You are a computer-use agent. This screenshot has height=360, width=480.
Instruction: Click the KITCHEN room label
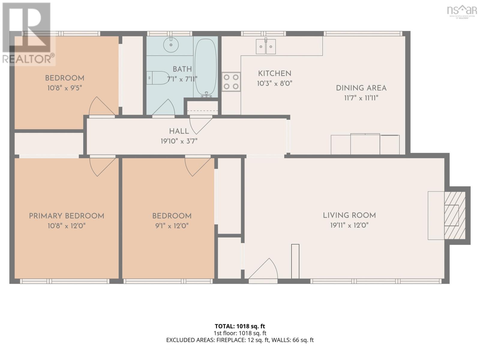pyautogui.click(x=274, y=73)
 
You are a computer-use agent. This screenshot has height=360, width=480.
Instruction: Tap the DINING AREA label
pyautogui.click(x=361, y=88)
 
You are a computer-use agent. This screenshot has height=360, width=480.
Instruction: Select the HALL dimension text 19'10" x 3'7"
pyautogui.click(x=179, y=141)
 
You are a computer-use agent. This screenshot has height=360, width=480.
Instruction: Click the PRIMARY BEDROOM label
pyautogui.click(x=67, y=216)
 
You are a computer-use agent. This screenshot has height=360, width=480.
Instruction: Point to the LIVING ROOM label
pyautogui.click(x=349, y=215)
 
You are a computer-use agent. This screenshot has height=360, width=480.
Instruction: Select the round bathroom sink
pyautogui.click(x=171, y=45)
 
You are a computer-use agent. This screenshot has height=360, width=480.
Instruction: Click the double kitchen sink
pyautogui.click(x=266, y=47)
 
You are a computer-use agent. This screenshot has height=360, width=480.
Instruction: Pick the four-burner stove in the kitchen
pyautogui.click(x=231, y=82)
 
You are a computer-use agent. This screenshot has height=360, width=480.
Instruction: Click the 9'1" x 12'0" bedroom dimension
pyautogui.click(x=172, y=226)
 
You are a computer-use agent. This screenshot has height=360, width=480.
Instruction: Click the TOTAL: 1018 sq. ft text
pyautogui.click(x=240, y=326)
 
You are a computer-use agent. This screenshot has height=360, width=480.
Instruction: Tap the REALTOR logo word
pyautogui.click(x=28, y=59)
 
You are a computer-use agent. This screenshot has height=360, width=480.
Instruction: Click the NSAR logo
pyautogui.click(x=462, y=10)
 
